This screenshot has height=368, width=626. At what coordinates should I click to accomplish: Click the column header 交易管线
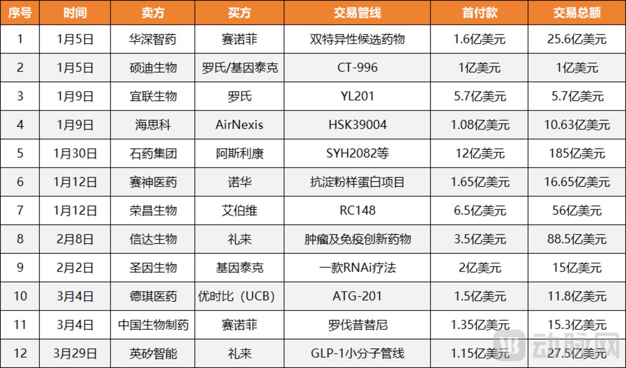pyautogui.click(x=357, y=13)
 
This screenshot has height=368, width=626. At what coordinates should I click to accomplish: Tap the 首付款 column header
pyautogui.click(x=479, y=13)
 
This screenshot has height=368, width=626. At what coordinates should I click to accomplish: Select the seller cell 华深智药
pyautogui.click(x=153, y=39)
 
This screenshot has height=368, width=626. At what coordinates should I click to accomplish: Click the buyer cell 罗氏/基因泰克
pyautogui.click(x=240, y=67)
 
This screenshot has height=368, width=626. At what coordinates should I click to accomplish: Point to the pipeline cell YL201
pyautogui.click(x=357, y=96)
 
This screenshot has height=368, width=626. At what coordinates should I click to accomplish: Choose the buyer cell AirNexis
pyautogui.click(x=239, y=124)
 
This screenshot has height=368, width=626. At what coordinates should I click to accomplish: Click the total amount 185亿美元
pyautogui.click(x=577, y=154)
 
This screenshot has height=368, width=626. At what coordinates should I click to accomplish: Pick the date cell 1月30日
pyautogui.click(x=75, y=154)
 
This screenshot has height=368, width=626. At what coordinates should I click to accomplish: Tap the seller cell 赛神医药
pyautogui.click(x=153, y=182)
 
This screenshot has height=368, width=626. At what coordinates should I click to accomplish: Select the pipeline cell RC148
pyautogui.click(x=358, y=211)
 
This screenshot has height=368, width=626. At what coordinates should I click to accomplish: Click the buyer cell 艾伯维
pyautogui.click(x=240, y=211)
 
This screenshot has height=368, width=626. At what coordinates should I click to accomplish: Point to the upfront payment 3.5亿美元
pyautogui.click(x=480, y=239)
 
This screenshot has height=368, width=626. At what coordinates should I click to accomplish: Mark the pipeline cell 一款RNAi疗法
pyautogui.click(x=358, y=268)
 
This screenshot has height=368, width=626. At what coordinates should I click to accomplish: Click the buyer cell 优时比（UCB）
pyautogui.click(x=236, y=296)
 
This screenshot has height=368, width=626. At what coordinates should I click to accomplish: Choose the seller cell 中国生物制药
pyautogui.click(x=153, y=325)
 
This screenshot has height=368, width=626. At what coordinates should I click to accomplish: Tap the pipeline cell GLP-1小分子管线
pyautogui.click(x=358, y=354)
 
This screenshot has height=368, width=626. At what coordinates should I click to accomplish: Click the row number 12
pyautogui.click(x=20, y=354)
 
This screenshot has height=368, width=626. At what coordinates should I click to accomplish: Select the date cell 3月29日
pyautogui.click(x=75, y=354)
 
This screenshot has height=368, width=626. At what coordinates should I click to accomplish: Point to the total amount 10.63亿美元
pyautogui.click(x=577, y=124)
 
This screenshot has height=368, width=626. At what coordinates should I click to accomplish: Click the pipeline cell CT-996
pyautogui.click(x=358, y=67)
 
